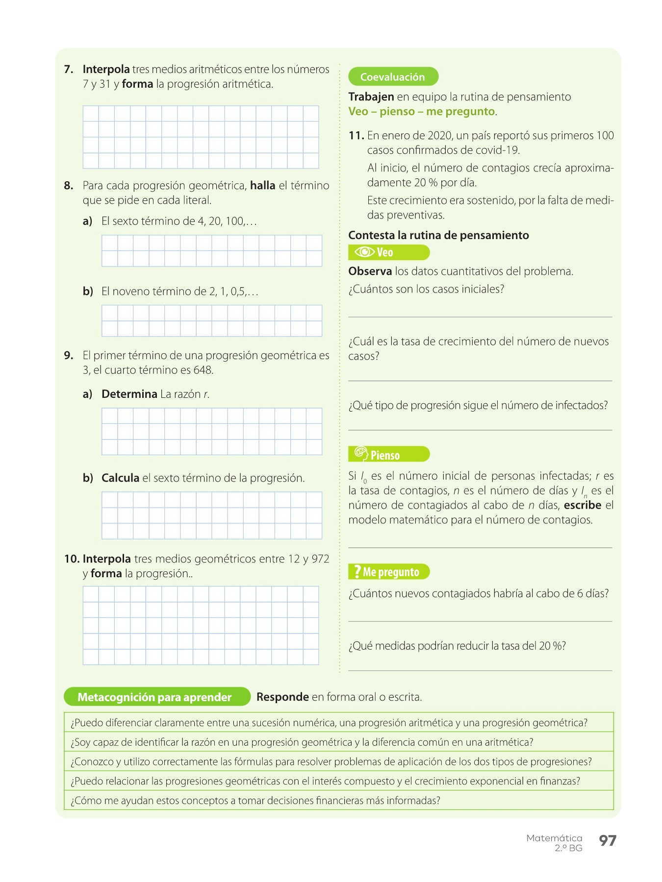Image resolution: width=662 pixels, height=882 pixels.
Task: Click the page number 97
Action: coord(607,840)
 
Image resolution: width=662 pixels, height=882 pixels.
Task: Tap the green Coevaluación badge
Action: coord(393,76)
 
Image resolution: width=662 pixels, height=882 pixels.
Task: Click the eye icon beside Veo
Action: coord(364,252)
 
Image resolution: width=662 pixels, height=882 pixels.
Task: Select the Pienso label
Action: coord(385,455)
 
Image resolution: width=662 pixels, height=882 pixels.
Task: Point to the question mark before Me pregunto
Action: coord(357,571)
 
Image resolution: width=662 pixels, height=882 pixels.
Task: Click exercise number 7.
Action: coord(69,69)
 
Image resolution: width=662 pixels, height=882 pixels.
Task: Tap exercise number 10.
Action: coord(72,559)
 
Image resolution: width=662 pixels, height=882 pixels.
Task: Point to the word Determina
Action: coord(129,394)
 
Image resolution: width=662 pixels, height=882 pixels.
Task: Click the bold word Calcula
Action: coord(120,478)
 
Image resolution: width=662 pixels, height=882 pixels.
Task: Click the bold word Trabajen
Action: coord(371,97)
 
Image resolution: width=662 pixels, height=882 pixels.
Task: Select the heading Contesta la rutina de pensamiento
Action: coord(438,235)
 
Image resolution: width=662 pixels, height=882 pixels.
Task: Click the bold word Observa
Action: coord(370,271)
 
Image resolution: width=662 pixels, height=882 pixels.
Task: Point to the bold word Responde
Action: coord(282,697)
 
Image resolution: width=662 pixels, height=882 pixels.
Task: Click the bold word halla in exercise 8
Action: coord(262,185)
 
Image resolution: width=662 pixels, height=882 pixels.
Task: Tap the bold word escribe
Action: coord(582,505)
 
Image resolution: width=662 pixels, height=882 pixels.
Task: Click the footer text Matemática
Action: coord(554,838)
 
